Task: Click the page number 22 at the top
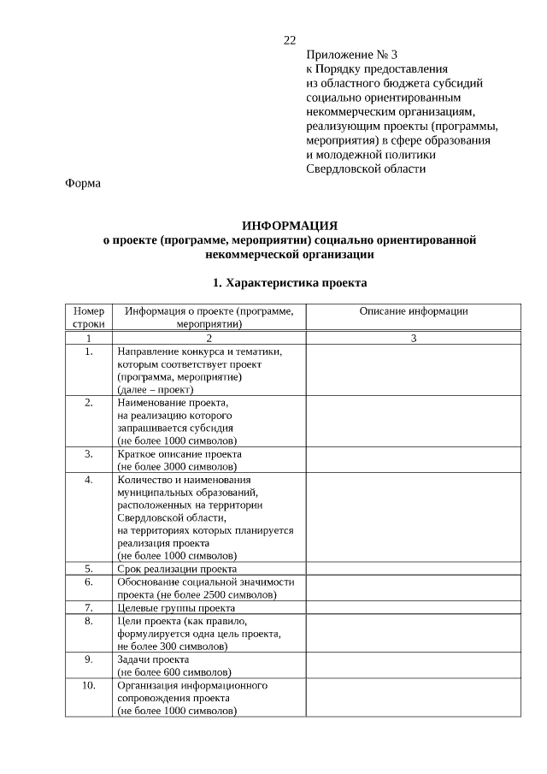tap(290, 41)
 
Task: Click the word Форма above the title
tap(83, 183)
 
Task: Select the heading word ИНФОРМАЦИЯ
tap(290, 226)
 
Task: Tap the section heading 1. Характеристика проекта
tap(290, 281)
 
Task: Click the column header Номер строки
tap(89, 318)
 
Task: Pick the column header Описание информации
tap(414, 312)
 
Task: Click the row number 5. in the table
tap(89, 568)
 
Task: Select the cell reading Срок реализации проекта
tap(177, 568)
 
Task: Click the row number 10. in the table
tap(89, 685)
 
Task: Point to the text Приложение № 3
tap(351, 55)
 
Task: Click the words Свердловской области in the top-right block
tap(366, 168)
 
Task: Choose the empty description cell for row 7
tap(414, 607)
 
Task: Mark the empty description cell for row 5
tap(414, 568)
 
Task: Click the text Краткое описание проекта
tap(179, 453)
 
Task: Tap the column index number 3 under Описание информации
tap(414, 339)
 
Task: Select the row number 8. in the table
tap(89, 620)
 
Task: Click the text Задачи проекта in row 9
tap(153, 659)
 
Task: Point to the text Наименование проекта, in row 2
tap(173, 401)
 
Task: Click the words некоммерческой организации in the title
tap(290, 254)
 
